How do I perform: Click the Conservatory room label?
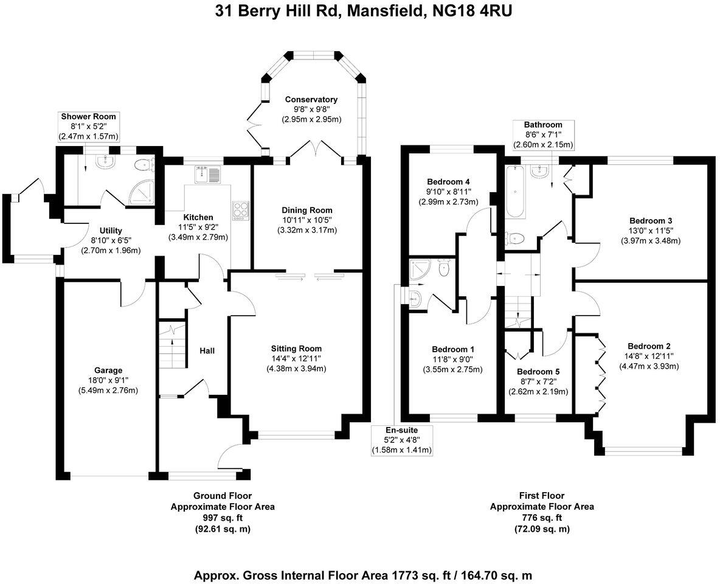[x=311, y=99]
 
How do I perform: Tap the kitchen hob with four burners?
[x=240, y=210]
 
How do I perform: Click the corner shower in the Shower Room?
[x=142, y=191]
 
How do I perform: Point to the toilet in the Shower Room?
[x=144, y=163]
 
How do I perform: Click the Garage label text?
[x=108, y=370]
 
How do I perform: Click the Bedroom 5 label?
[x=538, y=372]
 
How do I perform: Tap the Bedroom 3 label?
[x=650, y=220]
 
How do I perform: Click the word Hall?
[x=207, y=350]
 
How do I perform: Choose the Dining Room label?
[x=307, y=210]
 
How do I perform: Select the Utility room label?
[x=111, y=231]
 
